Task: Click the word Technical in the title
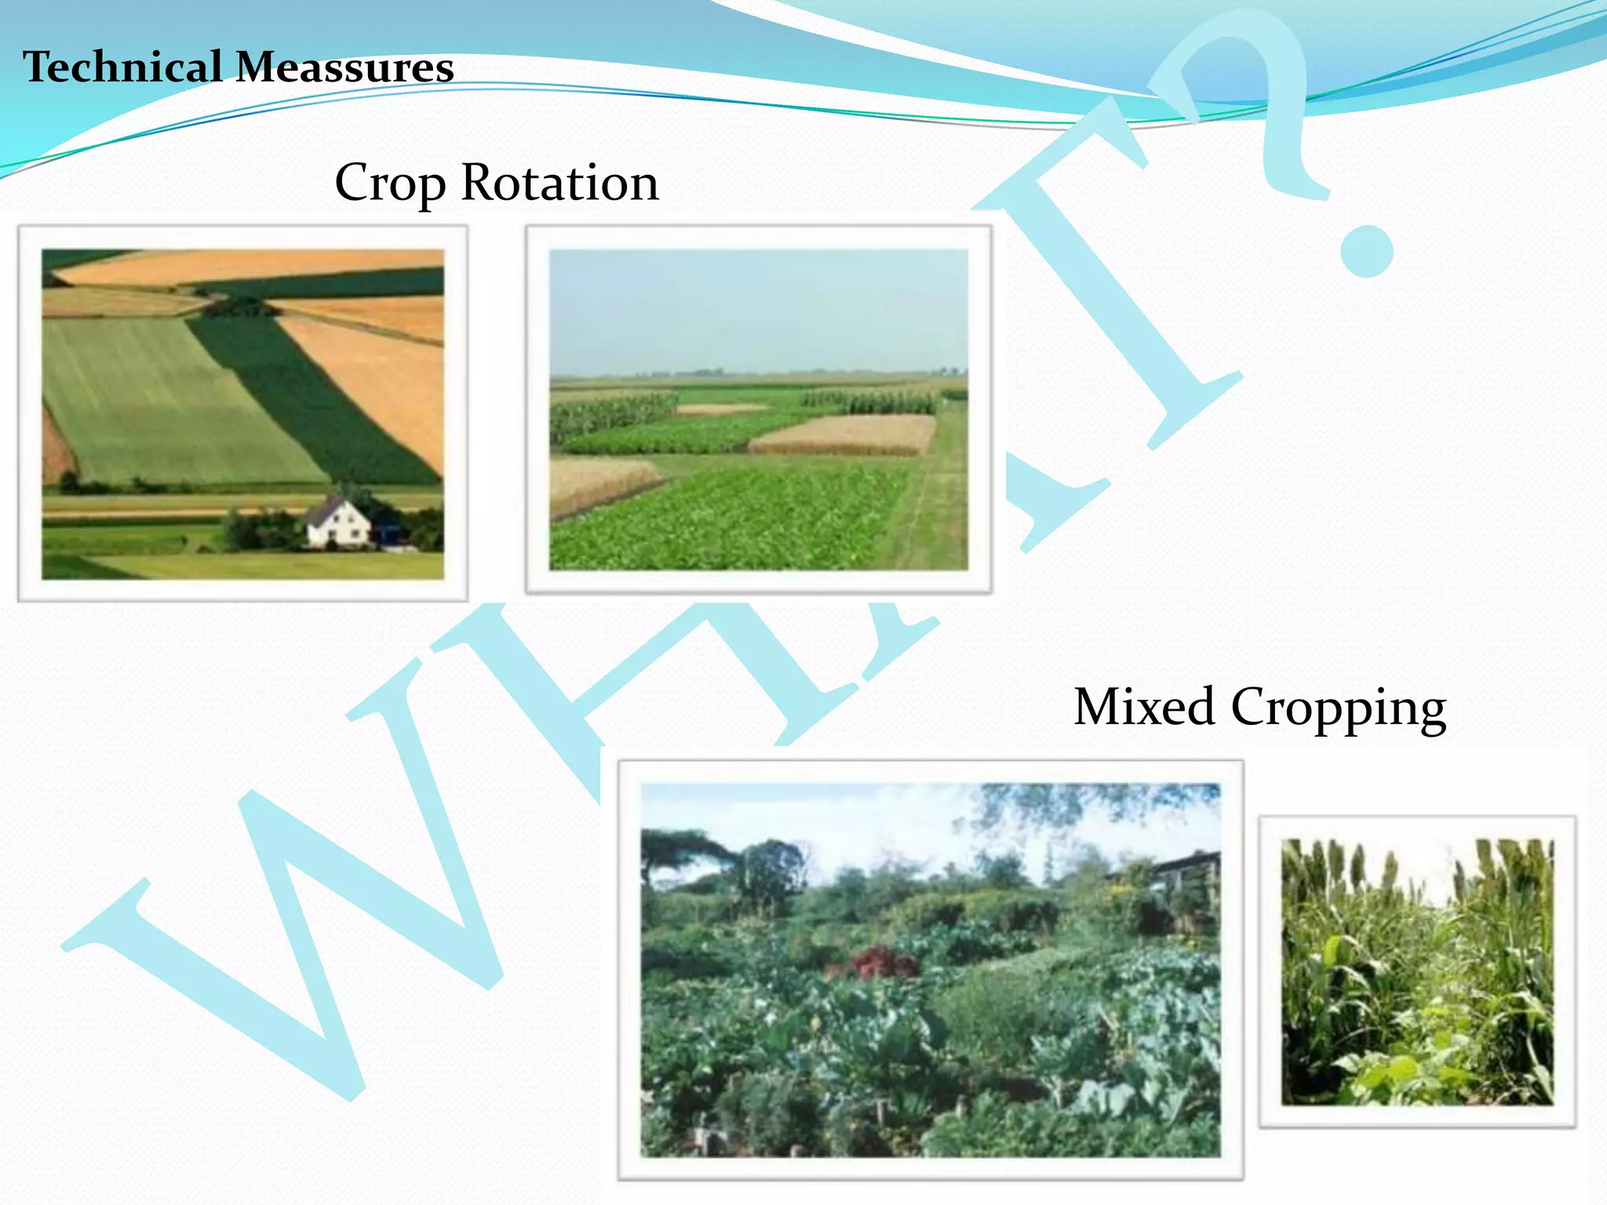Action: (x=122, y=67)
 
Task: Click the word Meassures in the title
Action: (x=344, y=67)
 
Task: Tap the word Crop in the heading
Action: (x=390, y=184)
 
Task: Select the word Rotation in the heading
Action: (x=559, y=182)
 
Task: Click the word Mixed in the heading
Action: (x=1144, y=707)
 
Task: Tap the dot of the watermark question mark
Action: (x=1366, y=251)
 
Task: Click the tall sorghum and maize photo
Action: (x=1417, y=972)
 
